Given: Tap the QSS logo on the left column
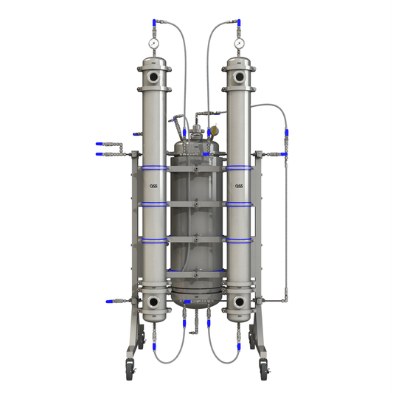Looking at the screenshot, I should click(x=153, y=186).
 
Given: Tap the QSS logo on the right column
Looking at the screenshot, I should click(x=239, y=186).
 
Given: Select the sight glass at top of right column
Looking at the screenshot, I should click(x=239, y=76).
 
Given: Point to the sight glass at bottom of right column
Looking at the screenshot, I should click(x=239, y=302).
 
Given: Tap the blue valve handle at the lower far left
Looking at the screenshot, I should click(x=109, y=302).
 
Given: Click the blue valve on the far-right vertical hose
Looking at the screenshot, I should click(x=286, y=137).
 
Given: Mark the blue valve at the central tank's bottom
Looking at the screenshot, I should click(x=187, y=302).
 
